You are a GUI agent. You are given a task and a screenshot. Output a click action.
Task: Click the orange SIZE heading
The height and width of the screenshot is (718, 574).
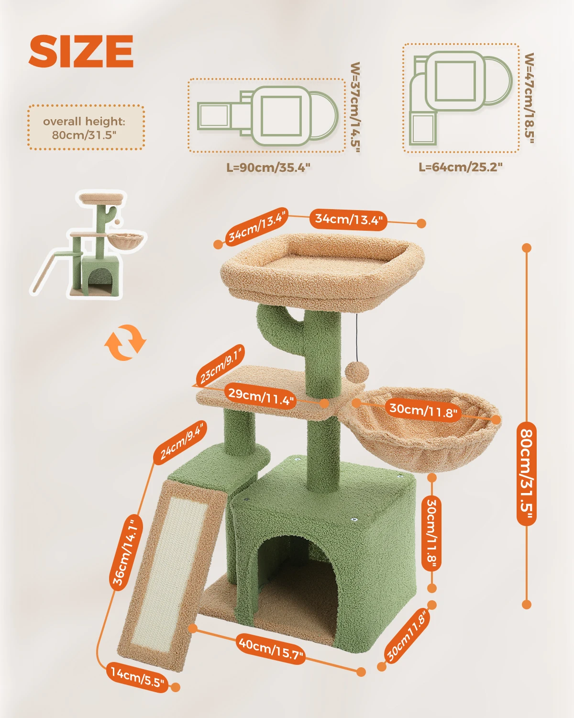pyautogui.click(x=81, y=51)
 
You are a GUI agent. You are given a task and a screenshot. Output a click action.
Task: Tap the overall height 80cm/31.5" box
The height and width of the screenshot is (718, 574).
pyautogui.click(x=86, y=127)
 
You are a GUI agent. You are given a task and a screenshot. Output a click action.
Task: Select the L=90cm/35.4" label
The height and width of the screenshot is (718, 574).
pyautogui.click(x=268, y=168)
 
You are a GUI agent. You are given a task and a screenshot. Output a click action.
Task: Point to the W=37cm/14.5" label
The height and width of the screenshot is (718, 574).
pyautogui.click(x=355, y=107)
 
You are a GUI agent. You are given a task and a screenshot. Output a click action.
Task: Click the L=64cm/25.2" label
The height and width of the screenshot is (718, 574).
pyautogui.click(x=460, y=167)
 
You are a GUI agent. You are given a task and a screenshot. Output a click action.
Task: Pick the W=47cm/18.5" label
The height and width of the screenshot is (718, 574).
pyautogui.click(x=530, y=98)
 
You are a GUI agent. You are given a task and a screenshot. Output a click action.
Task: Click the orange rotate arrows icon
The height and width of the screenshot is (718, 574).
pyautogui.click(x=125, y=343)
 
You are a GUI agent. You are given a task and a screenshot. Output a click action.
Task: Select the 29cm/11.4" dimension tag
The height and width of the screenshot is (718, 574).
pyautogui.click(x=261, y=396)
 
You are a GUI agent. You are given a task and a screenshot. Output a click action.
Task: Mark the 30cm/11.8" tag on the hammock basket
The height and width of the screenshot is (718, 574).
pyautogui.click(x=423, y=410)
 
